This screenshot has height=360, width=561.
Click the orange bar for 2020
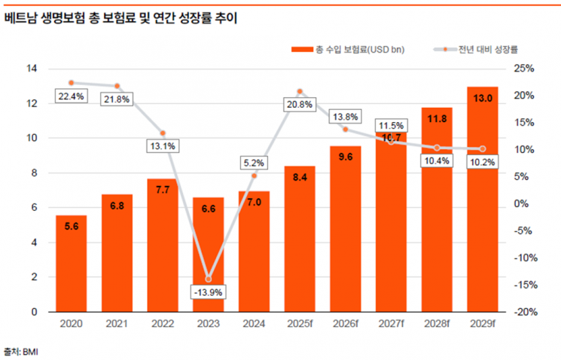[x=71, y=264]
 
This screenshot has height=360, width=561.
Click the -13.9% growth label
[x=208, y=291]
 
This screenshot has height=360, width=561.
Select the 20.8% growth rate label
[x=299, y=105]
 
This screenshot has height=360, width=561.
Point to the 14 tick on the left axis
[x=32, y=69]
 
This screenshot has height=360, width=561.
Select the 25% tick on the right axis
[x=524, y=69]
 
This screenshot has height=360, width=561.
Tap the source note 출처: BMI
[x=21, y=351]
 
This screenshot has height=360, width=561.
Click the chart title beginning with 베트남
[x=120, y=17]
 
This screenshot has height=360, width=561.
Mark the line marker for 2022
[x=162, y=133]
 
